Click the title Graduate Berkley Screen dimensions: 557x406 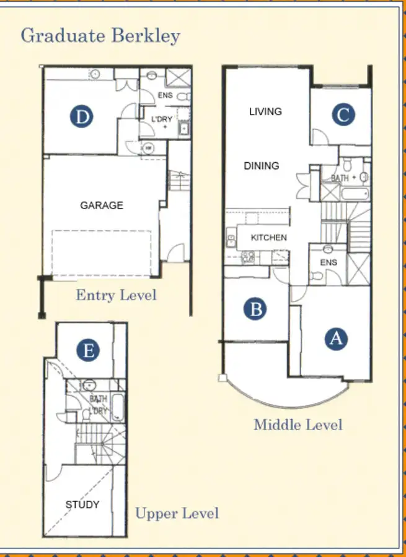tap(100, 35)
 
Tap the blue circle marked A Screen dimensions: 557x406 tap(336, 339)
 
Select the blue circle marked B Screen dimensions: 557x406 tap(255, 308)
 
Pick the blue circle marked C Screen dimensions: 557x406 tap(343, 114)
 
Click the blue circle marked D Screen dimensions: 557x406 tap(81, 116)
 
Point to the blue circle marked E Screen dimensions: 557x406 tap(89, 351)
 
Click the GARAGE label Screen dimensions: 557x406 tap(102, 205)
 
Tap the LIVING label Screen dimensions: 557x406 tap(265, 111)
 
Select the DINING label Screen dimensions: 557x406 tap(261, 166)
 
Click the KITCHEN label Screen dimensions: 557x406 tap(268, 238)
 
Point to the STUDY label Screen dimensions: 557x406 tap(82, 505)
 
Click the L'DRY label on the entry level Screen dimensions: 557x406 tap(162, 119)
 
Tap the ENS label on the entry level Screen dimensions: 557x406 tap(165, 96)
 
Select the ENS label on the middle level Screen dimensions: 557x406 tap(329, 262)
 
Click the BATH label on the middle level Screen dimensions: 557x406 tap(340, 178)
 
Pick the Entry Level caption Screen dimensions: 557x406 tap(116, 295)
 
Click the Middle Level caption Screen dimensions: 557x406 tap(298, 425)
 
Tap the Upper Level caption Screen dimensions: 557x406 tap(177, 514)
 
